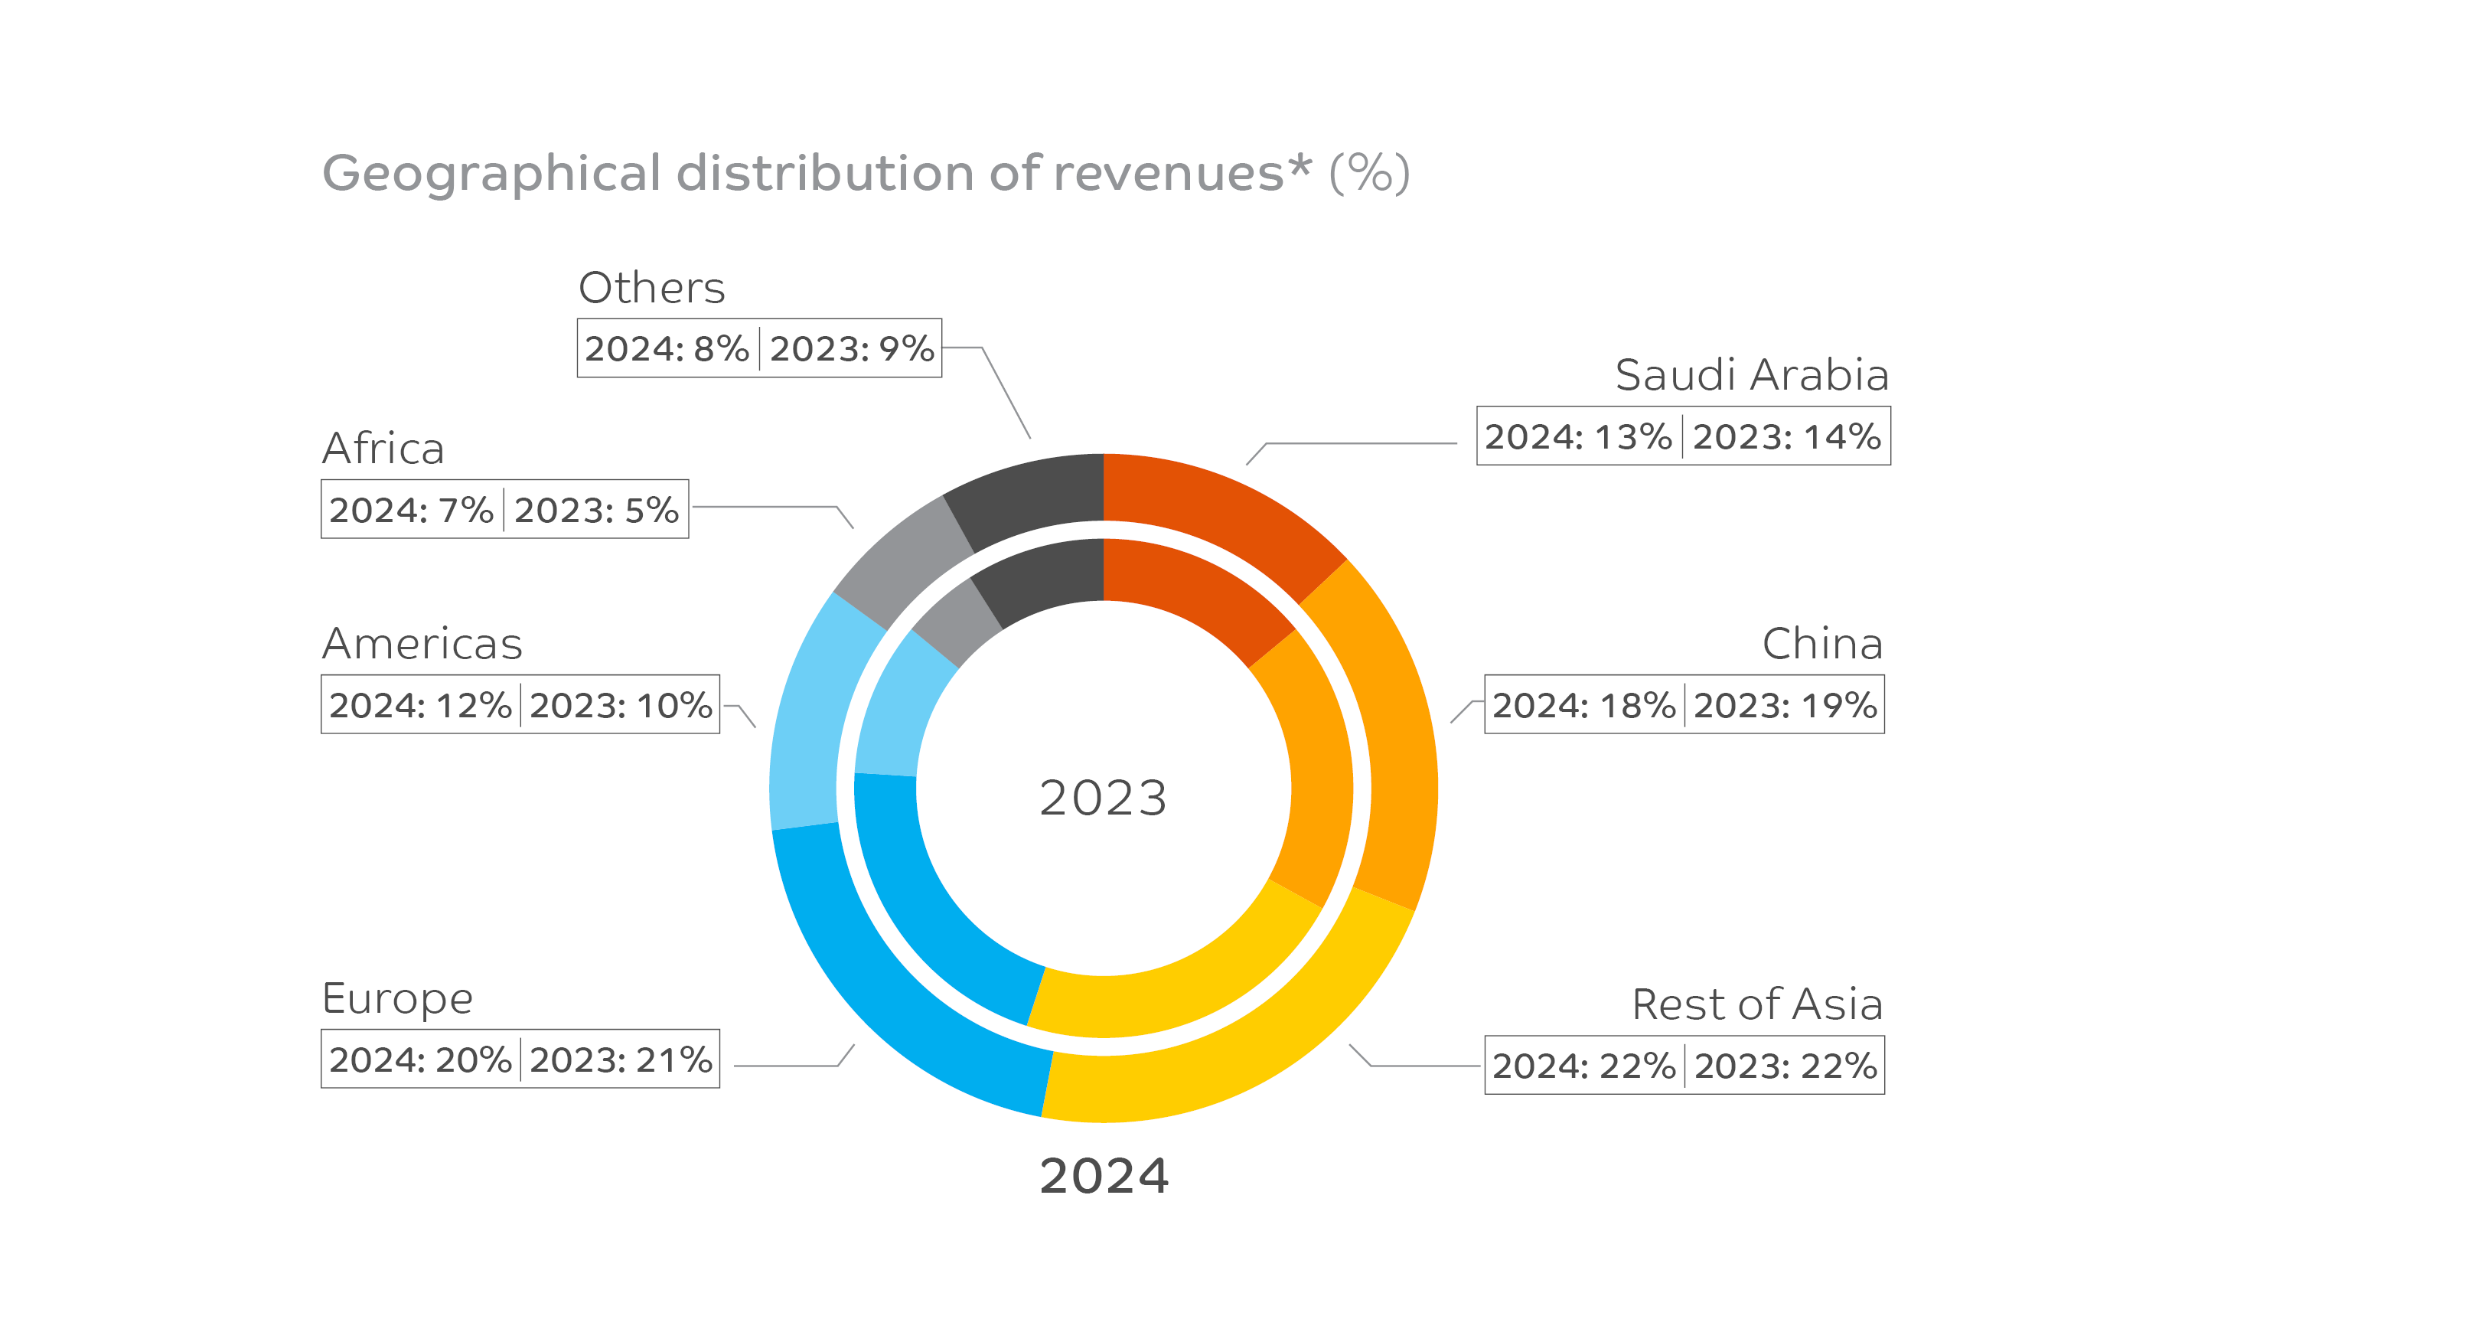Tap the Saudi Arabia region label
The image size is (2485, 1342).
(1751, 375)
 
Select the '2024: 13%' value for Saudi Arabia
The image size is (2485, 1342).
(1577, 437)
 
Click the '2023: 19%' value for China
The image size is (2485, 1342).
(1785, 705)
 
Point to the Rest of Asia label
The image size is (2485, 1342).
(1756, 1004)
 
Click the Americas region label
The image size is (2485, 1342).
(422, 644)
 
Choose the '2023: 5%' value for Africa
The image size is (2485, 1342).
(596, 509)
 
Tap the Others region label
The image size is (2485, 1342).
(651, 288)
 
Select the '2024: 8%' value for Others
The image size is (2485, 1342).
(667, 348)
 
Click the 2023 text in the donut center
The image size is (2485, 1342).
(1103, 798)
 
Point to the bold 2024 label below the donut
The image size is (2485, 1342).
(1104, 1176)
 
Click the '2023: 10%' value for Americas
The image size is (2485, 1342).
(620, 705)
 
